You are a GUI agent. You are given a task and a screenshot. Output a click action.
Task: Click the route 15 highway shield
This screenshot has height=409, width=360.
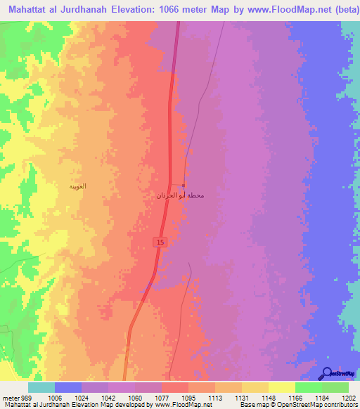coord(160,242)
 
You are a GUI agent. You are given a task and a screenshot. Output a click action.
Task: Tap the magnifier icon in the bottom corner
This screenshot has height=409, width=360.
coord(329,375)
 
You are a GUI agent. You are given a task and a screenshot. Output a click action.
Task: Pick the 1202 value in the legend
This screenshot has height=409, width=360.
coord(349,398)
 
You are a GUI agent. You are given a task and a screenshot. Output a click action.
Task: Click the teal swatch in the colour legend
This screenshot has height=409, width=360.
coord(41,387)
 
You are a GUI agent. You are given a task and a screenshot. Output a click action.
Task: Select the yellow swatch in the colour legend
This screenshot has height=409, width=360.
coord(281,387)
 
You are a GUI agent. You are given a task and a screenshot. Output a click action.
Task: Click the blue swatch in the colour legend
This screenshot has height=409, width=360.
coord(68,387)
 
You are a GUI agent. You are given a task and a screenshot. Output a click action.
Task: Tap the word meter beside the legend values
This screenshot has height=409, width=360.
coord(8,398)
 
